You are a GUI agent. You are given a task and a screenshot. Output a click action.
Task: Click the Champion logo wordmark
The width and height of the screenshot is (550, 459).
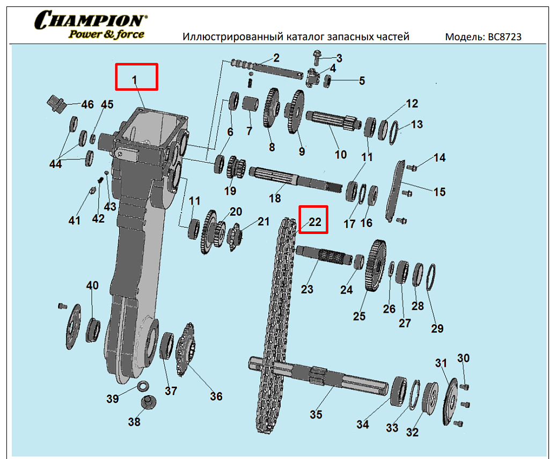point(91,20)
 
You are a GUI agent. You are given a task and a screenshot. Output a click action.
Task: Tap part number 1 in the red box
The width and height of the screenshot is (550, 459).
point(134,81)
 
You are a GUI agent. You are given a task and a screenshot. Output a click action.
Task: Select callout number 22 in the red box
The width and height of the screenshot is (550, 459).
point(314,222)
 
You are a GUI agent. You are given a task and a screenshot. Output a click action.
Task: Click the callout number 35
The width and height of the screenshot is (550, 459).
point(316,414)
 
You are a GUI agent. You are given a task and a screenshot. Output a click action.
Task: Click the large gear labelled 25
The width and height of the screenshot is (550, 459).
point(376,266)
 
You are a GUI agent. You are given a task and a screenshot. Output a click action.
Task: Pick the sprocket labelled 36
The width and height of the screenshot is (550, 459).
point(186,349)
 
